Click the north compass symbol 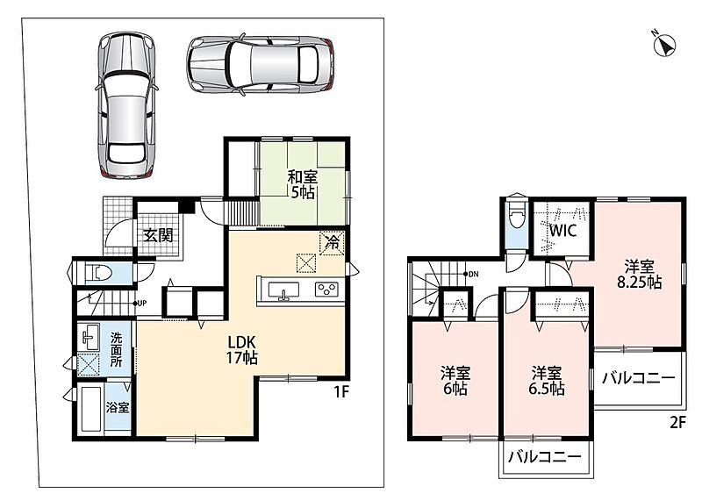pos(664,45)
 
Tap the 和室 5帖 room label pos(302,184)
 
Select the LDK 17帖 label pos(242,350)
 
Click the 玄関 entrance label pos(159,235)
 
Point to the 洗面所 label pos(117,349)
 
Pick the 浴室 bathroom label pos(118,407)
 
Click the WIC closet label pos(562,231)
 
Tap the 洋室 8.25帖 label pos(640,274)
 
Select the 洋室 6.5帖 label pos(546,381)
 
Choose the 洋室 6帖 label pos(455,381)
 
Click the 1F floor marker pos(340,392)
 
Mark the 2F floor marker pos(677,422)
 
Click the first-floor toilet pos(100,272)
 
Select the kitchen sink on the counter pos(283,290)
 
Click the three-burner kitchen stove pos(326,290)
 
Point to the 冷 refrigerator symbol pos(332,243)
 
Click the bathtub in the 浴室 pos(91,409)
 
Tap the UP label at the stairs pos(141,303)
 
